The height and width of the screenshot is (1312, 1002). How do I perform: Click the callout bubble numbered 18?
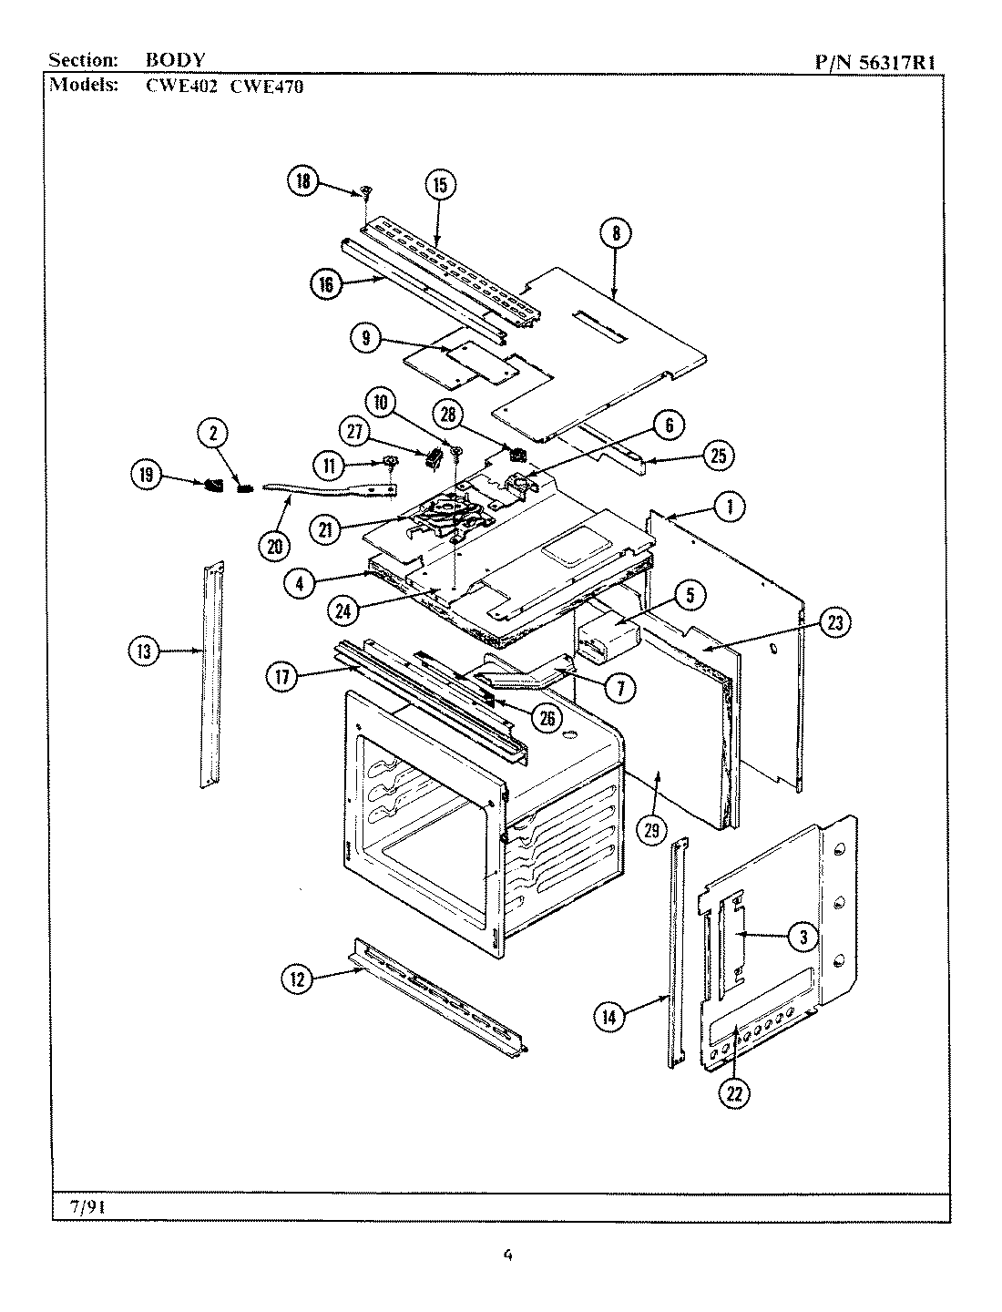pyautogui.click(x=302, y=181)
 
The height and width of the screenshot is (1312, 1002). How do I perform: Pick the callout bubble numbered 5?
pyautogui.click(x=690, y=597)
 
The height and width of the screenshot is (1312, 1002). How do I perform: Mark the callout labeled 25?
pyautogui.click(x=718, y=456)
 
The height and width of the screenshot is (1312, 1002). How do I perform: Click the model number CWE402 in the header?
pyautogui.click(x=184, y=87)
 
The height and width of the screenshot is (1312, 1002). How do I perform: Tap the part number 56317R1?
pyautogui.click(x=898, y=63)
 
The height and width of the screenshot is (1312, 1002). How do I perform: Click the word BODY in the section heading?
pyautogui.click(x=175, y=61)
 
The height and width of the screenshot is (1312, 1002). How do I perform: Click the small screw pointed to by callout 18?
pyautogui.click(x=366, y=191)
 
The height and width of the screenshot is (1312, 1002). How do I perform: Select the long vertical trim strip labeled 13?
pyautogui.click(x=212, y=674)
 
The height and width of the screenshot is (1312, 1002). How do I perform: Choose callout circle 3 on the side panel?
pyautogui.click(x=803, y=936)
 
